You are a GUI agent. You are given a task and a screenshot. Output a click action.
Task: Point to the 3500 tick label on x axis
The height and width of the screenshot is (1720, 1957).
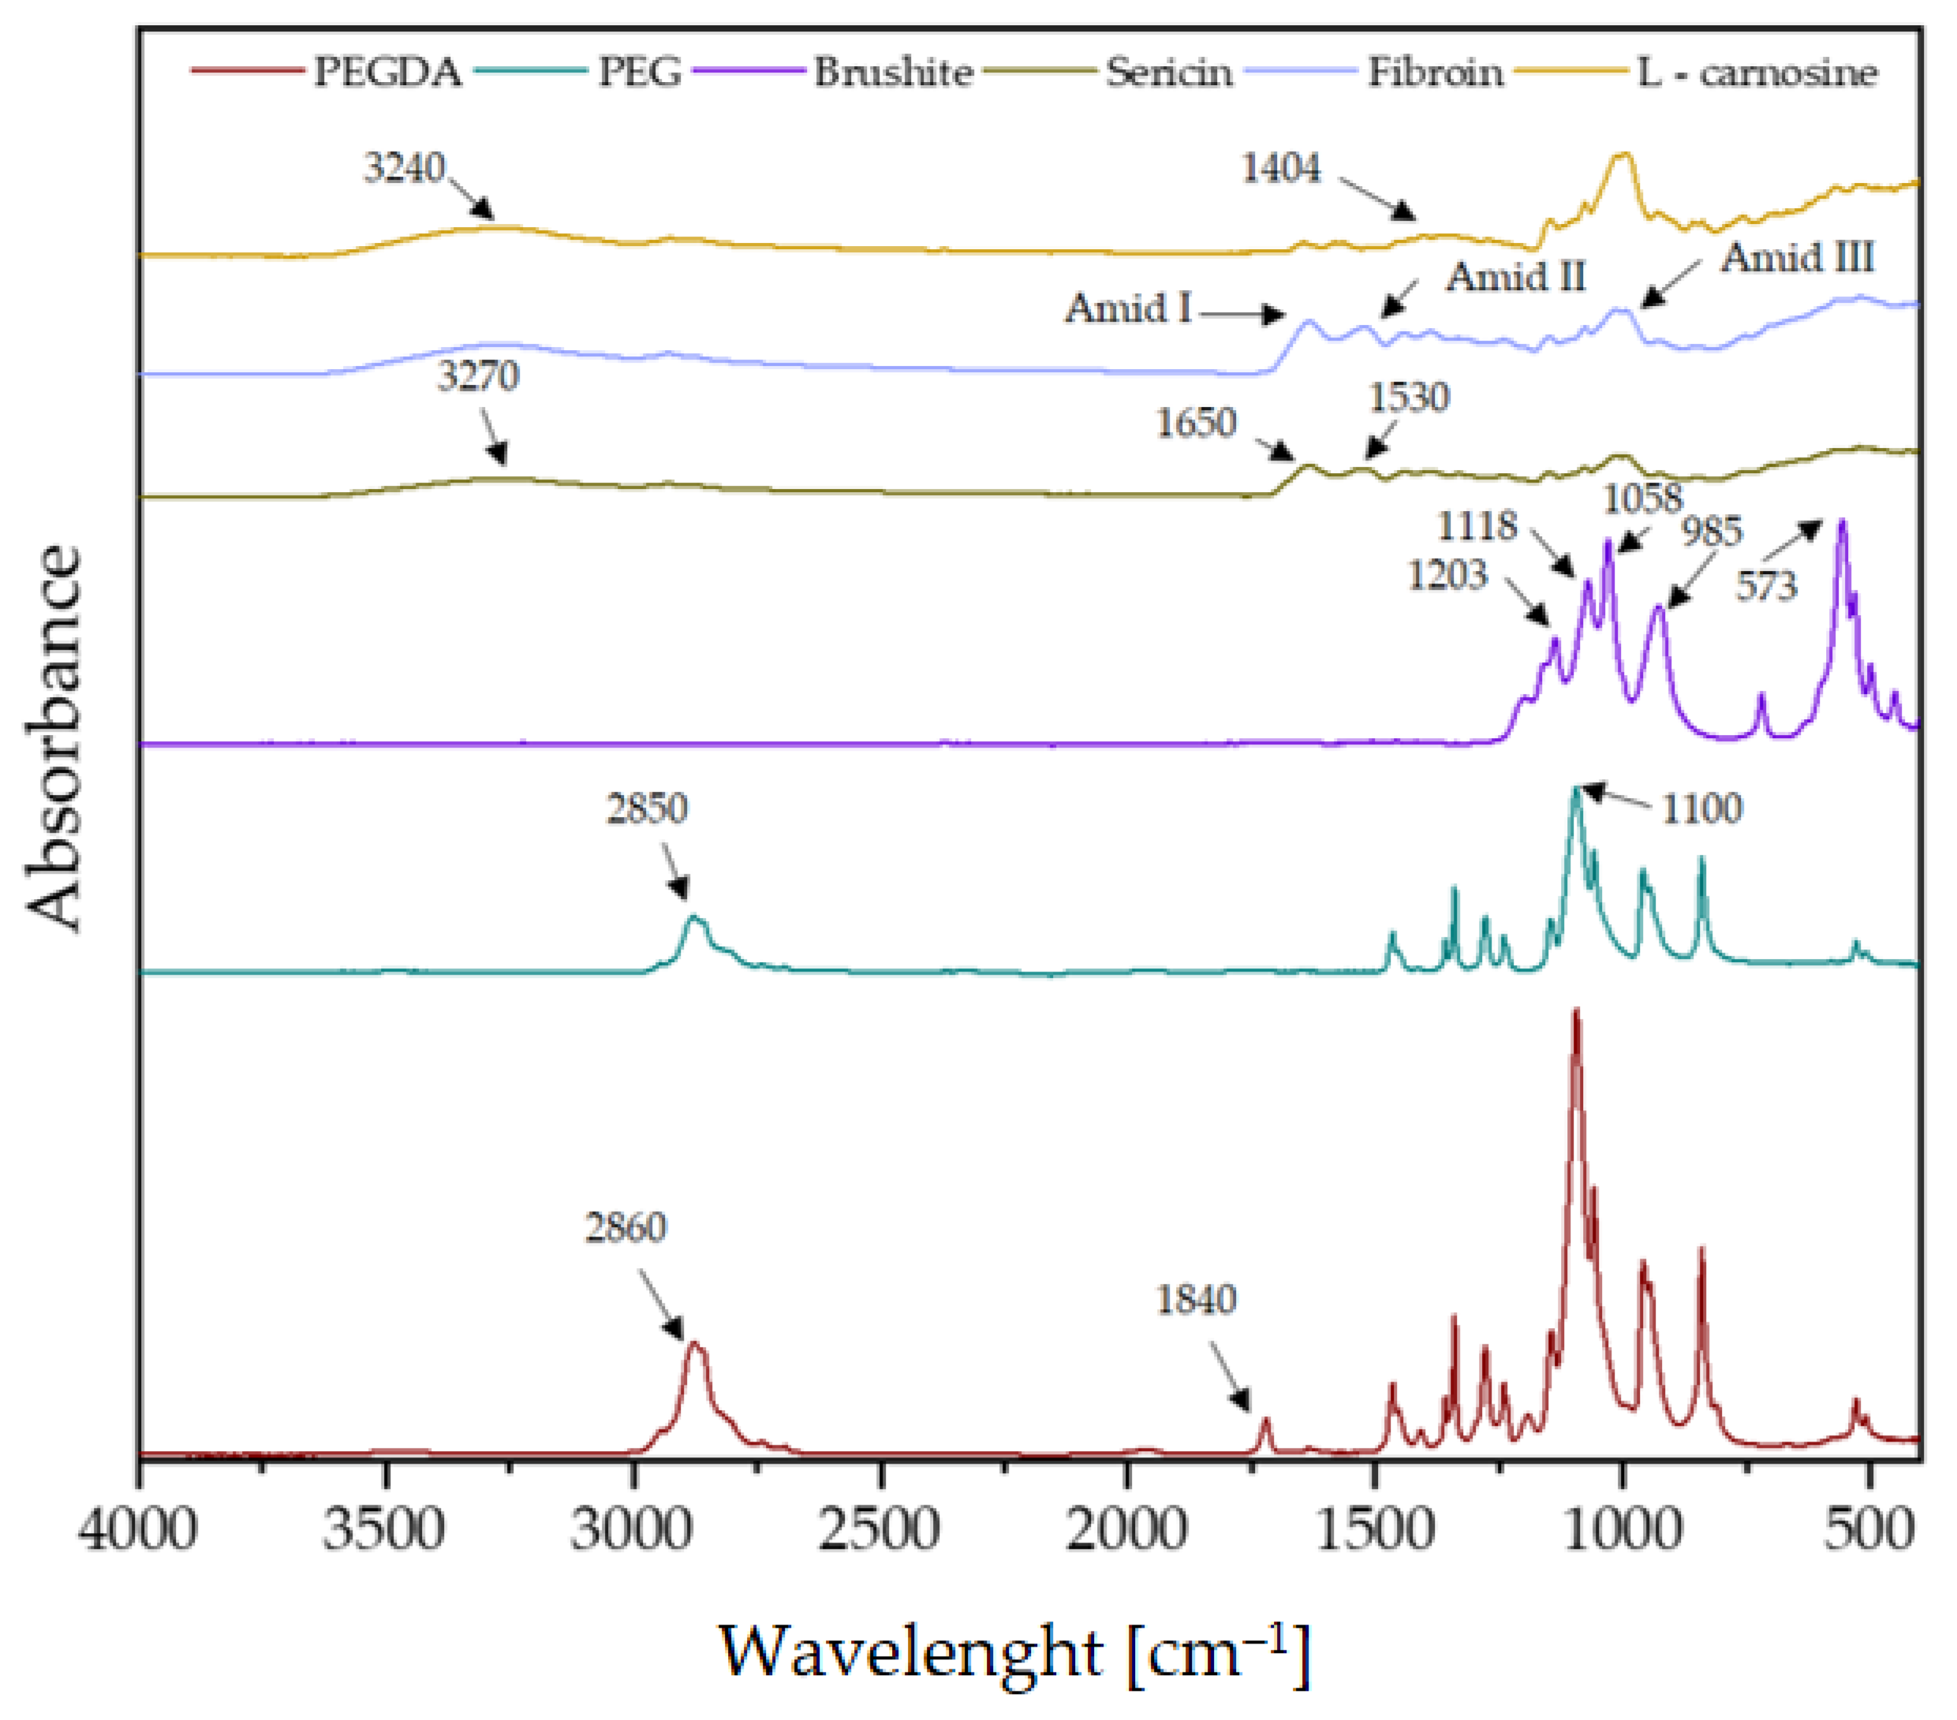pyautogui.click(x=384, y=1528)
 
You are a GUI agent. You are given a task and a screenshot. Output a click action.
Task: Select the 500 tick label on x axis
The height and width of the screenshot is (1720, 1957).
pyautogui.click(x=1867, y=1528)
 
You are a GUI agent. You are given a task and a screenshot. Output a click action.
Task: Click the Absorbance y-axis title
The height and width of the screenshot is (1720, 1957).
pyautogui.click(x=54, y=737)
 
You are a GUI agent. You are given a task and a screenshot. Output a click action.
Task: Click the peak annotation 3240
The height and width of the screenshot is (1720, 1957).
pyautogui.click(x=404, y=167)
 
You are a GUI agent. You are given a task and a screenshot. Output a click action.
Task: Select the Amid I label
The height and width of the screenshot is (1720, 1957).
pyautogui.click(x=1129, y=308)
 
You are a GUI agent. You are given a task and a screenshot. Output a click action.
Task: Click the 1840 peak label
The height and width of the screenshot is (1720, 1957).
pyautogui.click(x=1196, y=1300)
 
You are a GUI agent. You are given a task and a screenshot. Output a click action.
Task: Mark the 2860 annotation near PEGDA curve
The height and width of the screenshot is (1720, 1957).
pyautogui.click(x=626, y=1227)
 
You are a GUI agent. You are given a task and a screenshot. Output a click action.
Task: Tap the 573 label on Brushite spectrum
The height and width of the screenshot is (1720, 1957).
pyautogui.click(x=1766, y=585)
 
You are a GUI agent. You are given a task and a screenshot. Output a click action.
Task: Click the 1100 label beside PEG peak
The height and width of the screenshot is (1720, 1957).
pyautogui.click(x=1701, y=809)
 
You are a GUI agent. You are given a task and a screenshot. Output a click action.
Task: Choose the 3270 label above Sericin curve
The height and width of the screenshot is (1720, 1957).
pyautogui.click(x=478, y=375)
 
